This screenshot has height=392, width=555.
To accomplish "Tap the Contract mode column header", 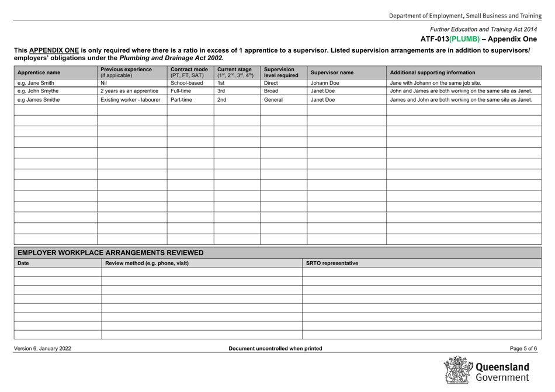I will point(189,72).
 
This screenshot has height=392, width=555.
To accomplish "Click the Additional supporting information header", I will point(432,73).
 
